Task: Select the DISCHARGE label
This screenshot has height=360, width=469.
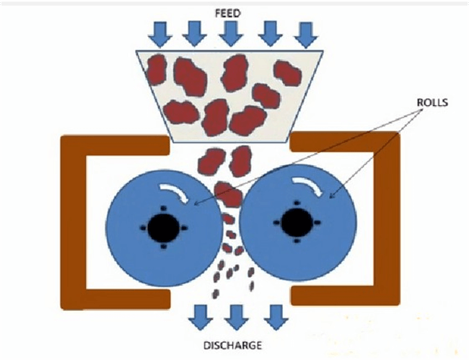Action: point(232,344)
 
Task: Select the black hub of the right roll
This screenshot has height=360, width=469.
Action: point(296,224)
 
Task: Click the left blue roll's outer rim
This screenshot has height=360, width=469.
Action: point(115,238)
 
